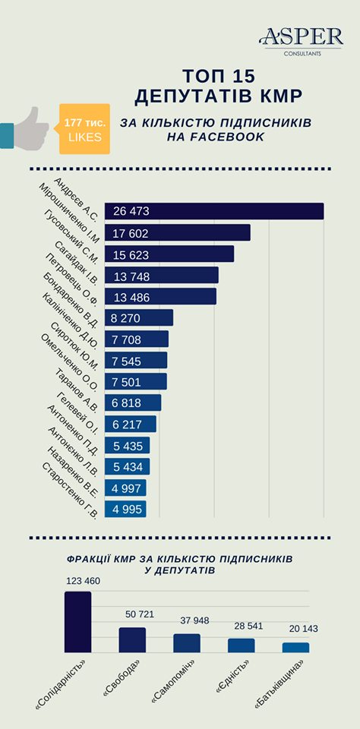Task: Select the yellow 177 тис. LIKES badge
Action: tap(83, 129)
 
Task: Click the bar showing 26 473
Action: tap(214, 211)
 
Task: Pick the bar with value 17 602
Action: tap(177, 232)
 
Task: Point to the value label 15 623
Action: tap(131, 255)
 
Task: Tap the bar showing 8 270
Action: tap(138, 317)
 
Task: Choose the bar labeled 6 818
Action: tap(133, 402)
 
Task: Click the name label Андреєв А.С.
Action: tap(76, 198)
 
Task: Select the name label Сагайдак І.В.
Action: tap(76, 262)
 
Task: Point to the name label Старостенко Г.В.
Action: tap(70, 491)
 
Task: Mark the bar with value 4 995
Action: tap(125, 509)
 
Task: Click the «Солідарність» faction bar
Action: tap(77, 622)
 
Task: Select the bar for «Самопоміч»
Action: tap(187, 643)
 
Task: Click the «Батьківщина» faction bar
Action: tap(295, 648)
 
